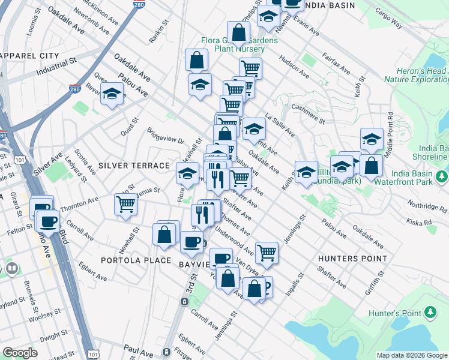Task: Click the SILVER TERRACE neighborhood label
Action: (134, 165)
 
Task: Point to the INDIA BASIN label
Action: (330, 5)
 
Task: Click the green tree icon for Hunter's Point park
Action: (430, 312)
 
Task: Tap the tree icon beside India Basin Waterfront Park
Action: (442, 176)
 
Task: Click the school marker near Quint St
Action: (112, 94)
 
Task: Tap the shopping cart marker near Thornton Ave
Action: (125, 204)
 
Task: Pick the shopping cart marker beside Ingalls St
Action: (267, 252)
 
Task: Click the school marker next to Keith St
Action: (306, 172)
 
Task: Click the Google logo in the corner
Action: (20, 353)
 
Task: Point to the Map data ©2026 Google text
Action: (411, 355)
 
